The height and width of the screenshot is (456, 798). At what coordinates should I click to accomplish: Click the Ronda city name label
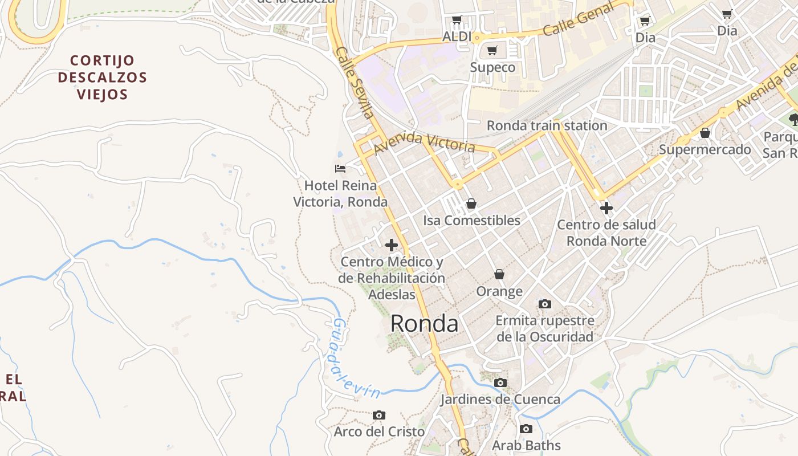pos(424,324)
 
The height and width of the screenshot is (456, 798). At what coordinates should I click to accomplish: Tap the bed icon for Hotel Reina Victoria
pos(340,168)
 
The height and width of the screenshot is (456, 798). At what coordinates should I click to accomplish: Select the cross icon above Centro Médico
pos(392,245)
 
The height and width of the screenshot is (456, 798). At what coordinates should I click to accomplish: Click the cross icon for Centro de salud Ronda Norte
pos(606,208)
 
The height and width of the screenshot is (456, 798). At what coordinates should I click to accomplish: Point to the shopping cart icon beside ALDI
pos(457,21)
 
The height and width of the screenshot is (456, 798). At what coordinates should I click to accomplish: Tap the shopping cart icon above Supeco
pos(492,51)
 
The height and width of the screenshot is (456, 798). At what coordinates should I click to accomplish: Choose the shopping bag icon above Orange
pos(499,275)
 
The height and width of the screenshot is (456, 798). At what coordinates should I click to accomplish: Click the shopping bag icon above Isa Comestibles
pos(471,203)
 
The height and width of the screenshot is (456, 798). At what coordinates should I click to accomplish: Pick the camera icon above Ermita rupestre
pos(545,304)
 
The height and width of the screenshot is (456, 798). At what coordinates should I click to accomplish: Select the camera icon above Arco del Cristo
pos(379,415)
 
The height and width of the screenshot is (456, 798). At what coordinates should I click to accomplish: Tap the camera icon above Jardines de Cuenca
pos(500,382)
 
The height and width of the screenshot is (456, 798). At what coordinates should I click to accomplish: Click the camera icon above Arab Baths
pos(526,429)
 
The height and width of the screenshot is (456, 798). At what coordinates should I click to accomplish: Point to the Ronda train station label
pos(547,125)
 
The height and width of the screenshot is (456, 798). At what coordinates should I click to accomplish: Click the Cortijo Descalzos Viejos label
pos(103,77)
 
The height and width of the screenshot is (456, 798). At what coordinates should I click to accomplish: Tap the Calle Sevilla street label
pos(355,83)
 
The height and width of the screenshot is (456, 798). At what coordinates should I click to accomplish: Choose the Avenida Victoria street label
pos(425,143)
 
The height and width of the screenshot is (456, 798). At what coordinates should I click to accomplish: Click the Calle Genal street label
pos(578,19)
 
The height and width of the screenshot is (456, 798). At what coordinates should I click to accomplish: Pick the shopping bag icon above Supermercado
pos(705,133)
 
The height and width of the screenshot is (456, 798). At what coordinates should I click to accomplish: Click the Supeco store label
pos(492,67)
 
